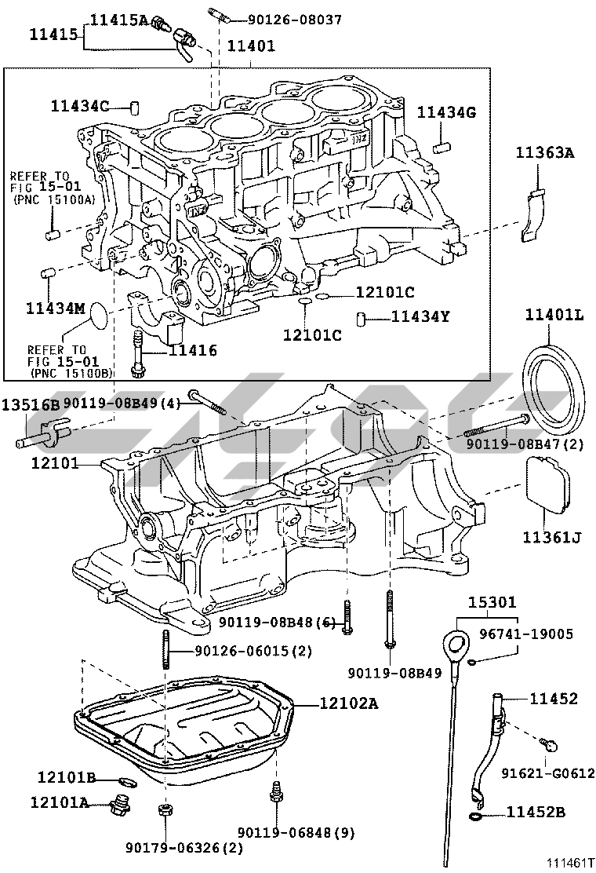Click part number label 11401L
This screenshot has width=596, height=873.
[x=554, y=316]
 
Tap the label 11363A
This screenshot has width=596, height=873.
[x=545, y=153]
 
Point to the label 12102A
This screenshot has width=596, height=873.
[x=348, y=703]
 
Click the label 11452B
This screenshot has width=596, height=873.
[x=536, y=811]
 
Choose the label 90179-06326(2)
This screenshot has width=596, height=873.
[x=184, y=848]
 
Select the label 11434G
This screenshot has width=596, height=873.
[x=446, y=112]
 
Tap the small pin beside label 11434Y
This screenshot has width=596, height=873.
[x=362, y=318]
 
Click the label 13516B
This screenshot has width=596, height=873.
[x=30, y=404]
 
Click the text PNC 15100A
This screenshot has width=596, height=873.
[x=54, y=200]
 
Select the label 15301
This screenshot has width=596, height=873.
[x=492, y=603]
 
